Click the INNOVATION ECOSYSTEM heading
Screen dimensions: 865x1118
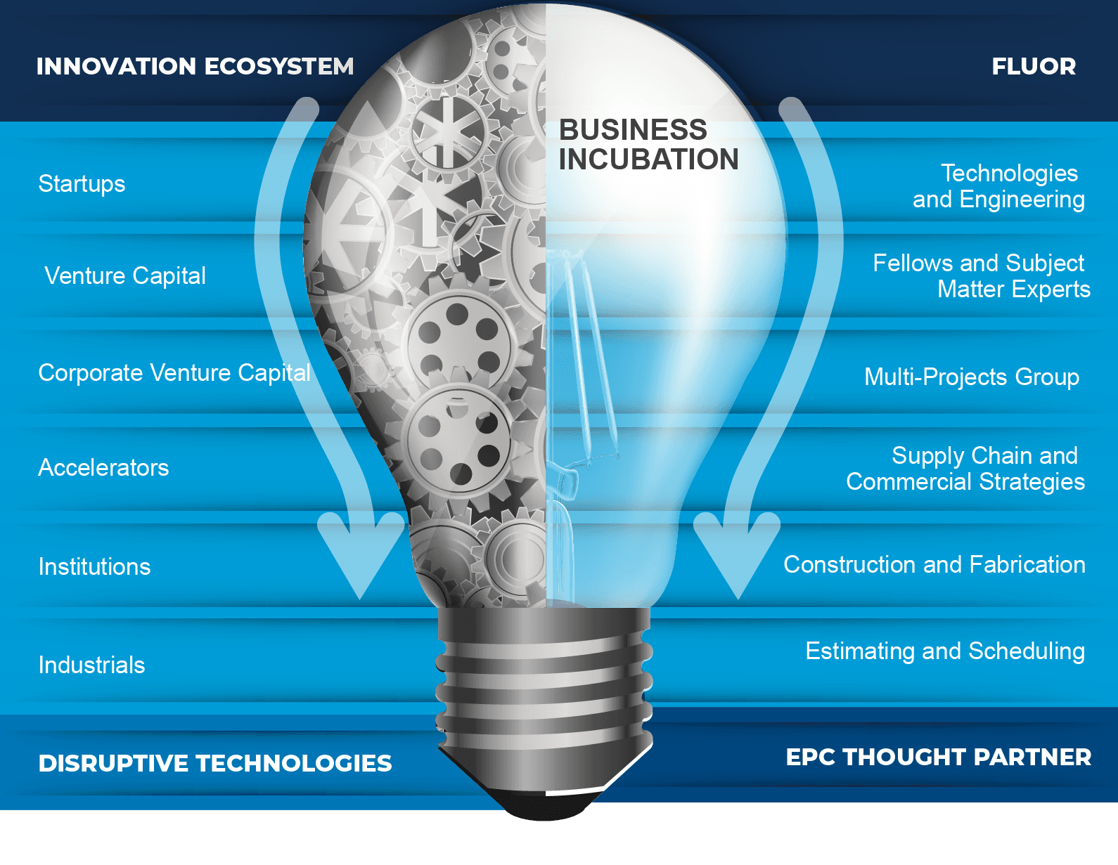pos(195,66)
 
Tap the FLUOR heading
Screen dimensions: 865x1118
pos(1033,66)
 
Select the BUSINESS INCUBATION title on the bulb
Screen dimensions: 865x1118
pos(648,145)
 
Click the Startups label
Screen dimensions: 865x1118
pos(82,183)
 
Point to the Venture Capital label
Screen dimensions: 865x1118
pos(125,275)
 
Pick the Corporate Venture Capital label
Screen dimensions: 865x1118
pos(174,372)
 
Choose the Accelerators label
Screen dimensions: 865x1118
pos(103,467)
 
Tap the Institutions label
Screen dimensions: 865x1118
pos(94,566)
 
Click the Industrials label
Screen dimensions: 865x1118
pos(91,665)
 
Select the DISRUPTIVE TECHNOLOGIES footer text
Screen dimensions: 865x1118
pos(215,763)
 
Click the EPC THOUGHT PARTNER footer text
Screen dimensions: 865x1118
pos(938,757)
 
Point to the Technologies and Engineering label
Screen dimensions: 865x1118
pos(998,186)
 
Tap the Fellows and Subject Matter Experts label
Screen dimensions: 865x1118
pos(982,276)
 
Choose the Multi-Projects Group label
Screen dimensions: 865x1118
pos(971,377)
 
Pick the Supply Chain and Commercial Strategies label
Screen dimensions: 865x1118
pos(965,469)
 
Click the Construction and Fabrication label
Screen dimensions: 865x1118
pos(934,564)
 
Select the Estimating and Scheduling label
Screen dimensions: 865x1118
pos(944,651)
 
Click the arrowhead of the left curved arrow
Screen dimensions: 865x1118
pos(361,555)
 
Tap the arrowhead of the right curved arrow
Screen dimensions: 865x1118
pos(738,555)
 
